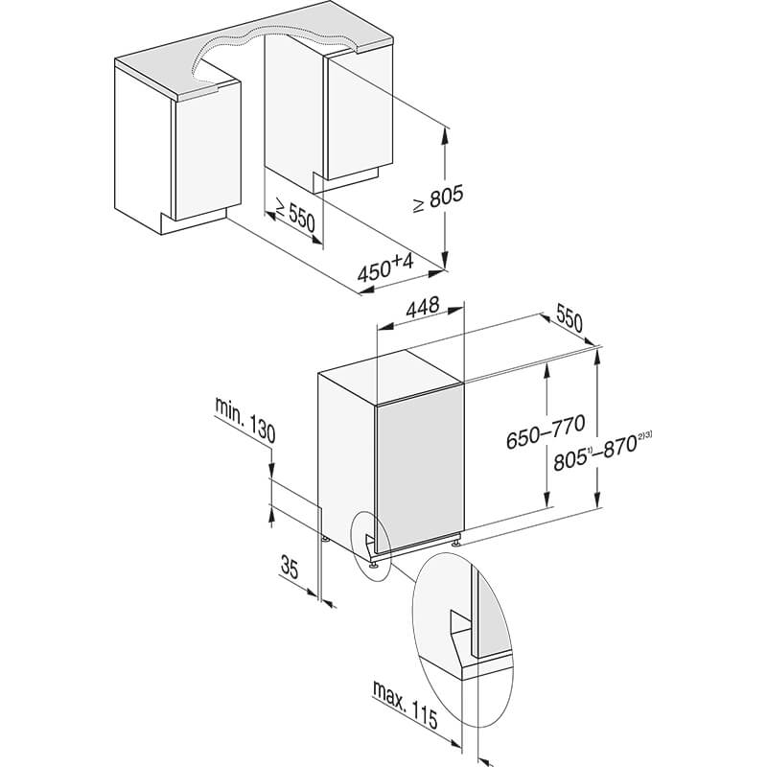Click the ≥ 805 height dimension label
[437, 198]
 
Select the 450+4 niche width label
[385, 267]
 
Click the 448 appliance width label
[422, 307]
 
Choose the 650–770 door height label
[545, 431]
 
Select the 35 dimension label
[290, 567]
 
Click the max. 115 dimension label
[405, 704]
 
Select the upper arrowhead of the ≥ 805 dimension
[445, 135]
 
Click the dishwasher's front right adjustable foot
[456, 542]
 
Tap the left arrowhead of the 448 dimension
[384, 326]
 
